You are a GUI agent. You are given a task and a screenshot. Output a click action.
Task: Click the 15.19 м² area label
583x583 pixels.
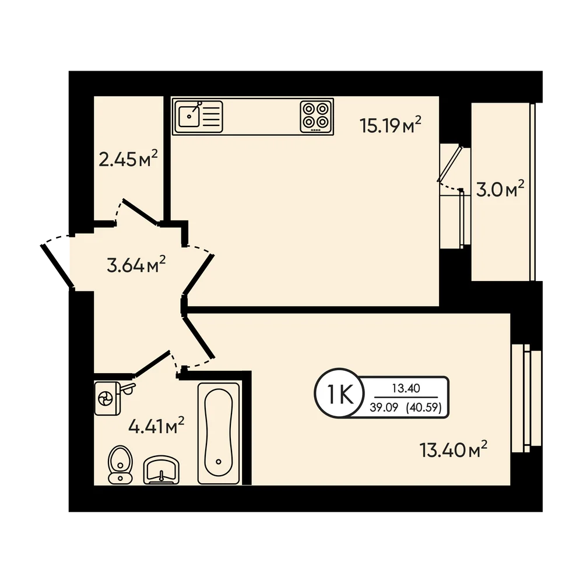tap(391, 125)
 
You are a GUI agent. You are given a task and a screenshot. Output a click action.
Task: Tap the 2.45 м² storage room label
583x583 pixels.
tap(128, 159)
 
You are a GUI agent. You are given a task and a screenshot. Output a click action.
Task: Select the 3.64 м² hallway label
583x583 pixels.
tap(136, 264)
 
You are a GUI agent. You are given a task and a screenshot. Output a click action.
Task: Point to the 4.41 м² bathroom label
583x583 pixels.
tap(156, 426)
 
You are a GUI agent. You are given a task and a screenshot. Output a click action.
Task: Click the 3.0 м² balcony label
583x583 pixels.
tap(500, 189)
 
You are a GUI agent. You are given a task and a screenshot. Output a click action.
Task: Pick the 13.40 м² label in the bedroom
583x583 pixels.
tap(453, 449)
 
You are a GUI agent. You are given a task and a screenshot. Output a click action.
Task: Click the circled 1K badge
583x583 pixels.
tap(339, 395)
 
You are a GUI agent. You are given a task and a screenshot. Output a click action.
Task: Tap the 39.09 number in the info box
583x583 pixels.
tap(384, 408)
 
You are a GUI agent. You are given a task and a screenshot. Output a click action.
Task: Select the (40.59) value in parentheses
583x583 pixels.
tap(424, 408)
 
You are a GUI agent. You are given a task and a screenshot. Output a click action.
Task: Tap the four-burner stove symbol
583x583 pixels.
tap(316, 115)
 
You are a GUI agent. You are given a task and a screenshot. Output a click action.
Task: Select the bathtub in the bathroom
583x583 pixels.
tap(219, 434)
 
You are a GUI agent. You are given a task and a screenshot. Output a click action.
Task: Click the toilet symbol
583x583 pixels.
tap(120, 465)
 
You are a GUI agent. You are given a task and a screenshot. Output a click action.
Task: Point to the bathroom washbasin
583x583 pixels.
tap(161, 470)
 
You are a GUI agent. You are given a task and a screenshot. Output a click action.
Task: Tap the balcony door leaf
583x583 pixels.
tap(449, 164)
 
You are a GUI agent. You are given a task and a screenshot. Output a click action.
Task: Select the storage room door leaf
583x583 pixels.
tap(139, 212)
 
